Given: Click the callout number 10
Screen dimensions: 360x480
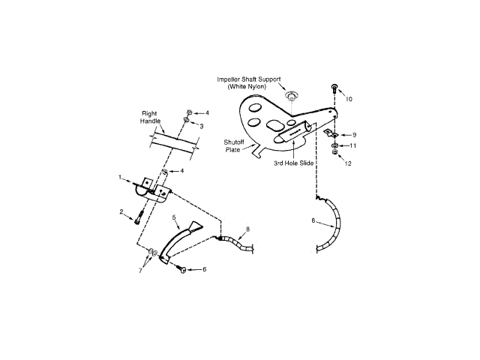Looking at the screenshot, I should [348, 98].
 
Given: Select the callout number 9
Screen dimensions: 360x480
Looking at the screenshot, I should [354, 134].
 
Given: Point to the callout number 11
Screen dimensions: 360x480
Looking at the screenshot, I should [353, 145].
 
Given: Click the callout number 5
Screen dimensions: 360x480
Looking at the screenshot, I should [174, 217].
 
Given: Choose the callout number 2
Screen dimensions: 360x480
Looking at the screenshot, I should [121, 212].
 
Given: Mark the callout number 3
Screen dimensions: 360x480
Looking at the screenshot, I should [201, 126].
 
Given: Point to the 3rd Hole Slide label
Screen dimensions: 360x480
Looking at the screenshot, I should [292, 162].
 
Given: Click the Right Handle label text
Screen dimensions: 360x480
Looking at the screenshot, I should [151, 118].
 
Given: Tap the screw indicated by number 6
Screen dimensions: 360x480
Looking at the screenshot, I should [182, 268].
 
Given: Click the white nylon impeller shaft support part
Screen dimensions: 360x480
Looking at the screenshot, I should [290, 96].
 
